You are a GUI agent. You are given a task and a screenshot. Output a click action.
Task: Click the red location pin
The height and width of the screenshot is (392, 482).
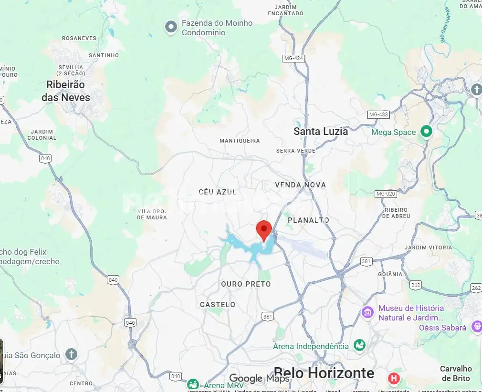[x=264, y=230]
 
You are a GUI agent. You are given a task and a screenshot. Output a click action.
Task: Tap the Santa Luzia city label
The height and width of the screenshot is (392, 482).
[x=321, y=131]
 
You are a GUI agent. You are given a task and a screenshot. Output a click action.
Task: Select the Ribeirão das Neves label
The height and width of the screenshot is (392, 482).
[x=66, y=91]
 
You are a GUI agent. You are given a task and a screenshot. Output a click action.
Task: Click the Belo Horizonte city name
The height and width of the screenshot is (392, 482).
[x=324, y=373]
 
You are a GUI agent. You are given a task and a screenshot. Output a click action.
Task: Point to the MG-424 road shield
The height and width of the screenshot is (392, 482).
[x=293, y=58]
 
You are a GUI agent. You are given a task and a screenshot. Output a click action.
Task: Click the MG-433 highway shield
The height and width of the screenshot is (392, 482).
[x=378, y=114]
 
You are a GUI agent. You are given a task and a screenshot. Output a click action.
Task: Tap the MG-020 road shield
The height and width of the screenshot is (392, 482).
[x=386, y=194]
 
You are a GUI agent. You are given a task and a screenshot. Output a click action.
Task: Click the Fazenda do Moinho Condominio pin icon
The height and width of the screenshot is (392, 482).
[x=171, y=28]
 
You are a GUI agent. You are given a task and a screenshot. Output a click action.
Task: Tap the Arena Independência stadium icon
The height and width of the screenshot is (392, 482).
[x=359, y=346]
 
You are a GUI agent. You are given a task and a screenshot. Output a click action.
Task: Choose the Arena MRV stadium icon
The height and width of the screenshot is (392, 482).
[x=193, y=384]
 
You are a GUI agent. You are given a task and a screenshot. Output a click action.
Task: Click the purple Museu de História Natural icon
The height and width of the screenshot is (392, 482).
[x=367, y=313]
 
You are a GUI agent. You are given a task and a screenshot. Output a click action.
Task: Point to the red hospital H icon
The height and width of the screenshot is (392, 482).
[x=394, y=379]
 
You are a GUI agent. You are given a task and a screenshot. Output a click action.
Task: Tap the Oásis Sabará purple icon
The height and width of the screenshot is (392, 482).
[x=476, y=327]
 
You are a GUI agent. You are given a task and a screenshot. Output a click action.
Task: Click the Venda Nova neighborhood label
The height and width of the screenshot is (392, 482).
[x=300, y=185]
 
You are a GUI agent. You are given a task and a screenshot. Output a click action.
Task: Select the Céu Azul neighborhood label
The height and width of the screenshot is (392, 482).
[x=218, y=192]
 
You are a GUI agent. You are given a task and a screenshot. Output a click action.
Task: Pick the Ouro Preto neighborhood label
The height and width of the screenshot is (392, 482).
[x=246, y=284]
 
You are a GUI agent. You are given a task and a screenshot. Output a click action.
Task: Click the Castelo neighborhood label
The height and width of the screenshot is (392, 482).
[x=218, y=304]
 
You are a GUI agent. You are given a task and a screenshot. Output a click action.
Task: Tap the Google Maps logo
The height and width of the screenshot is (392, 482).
[x=259, y=379]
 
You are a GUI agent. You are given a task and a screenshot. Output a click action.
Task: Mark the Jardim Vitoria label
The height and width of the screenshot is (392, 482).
[x=428, y=248]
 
